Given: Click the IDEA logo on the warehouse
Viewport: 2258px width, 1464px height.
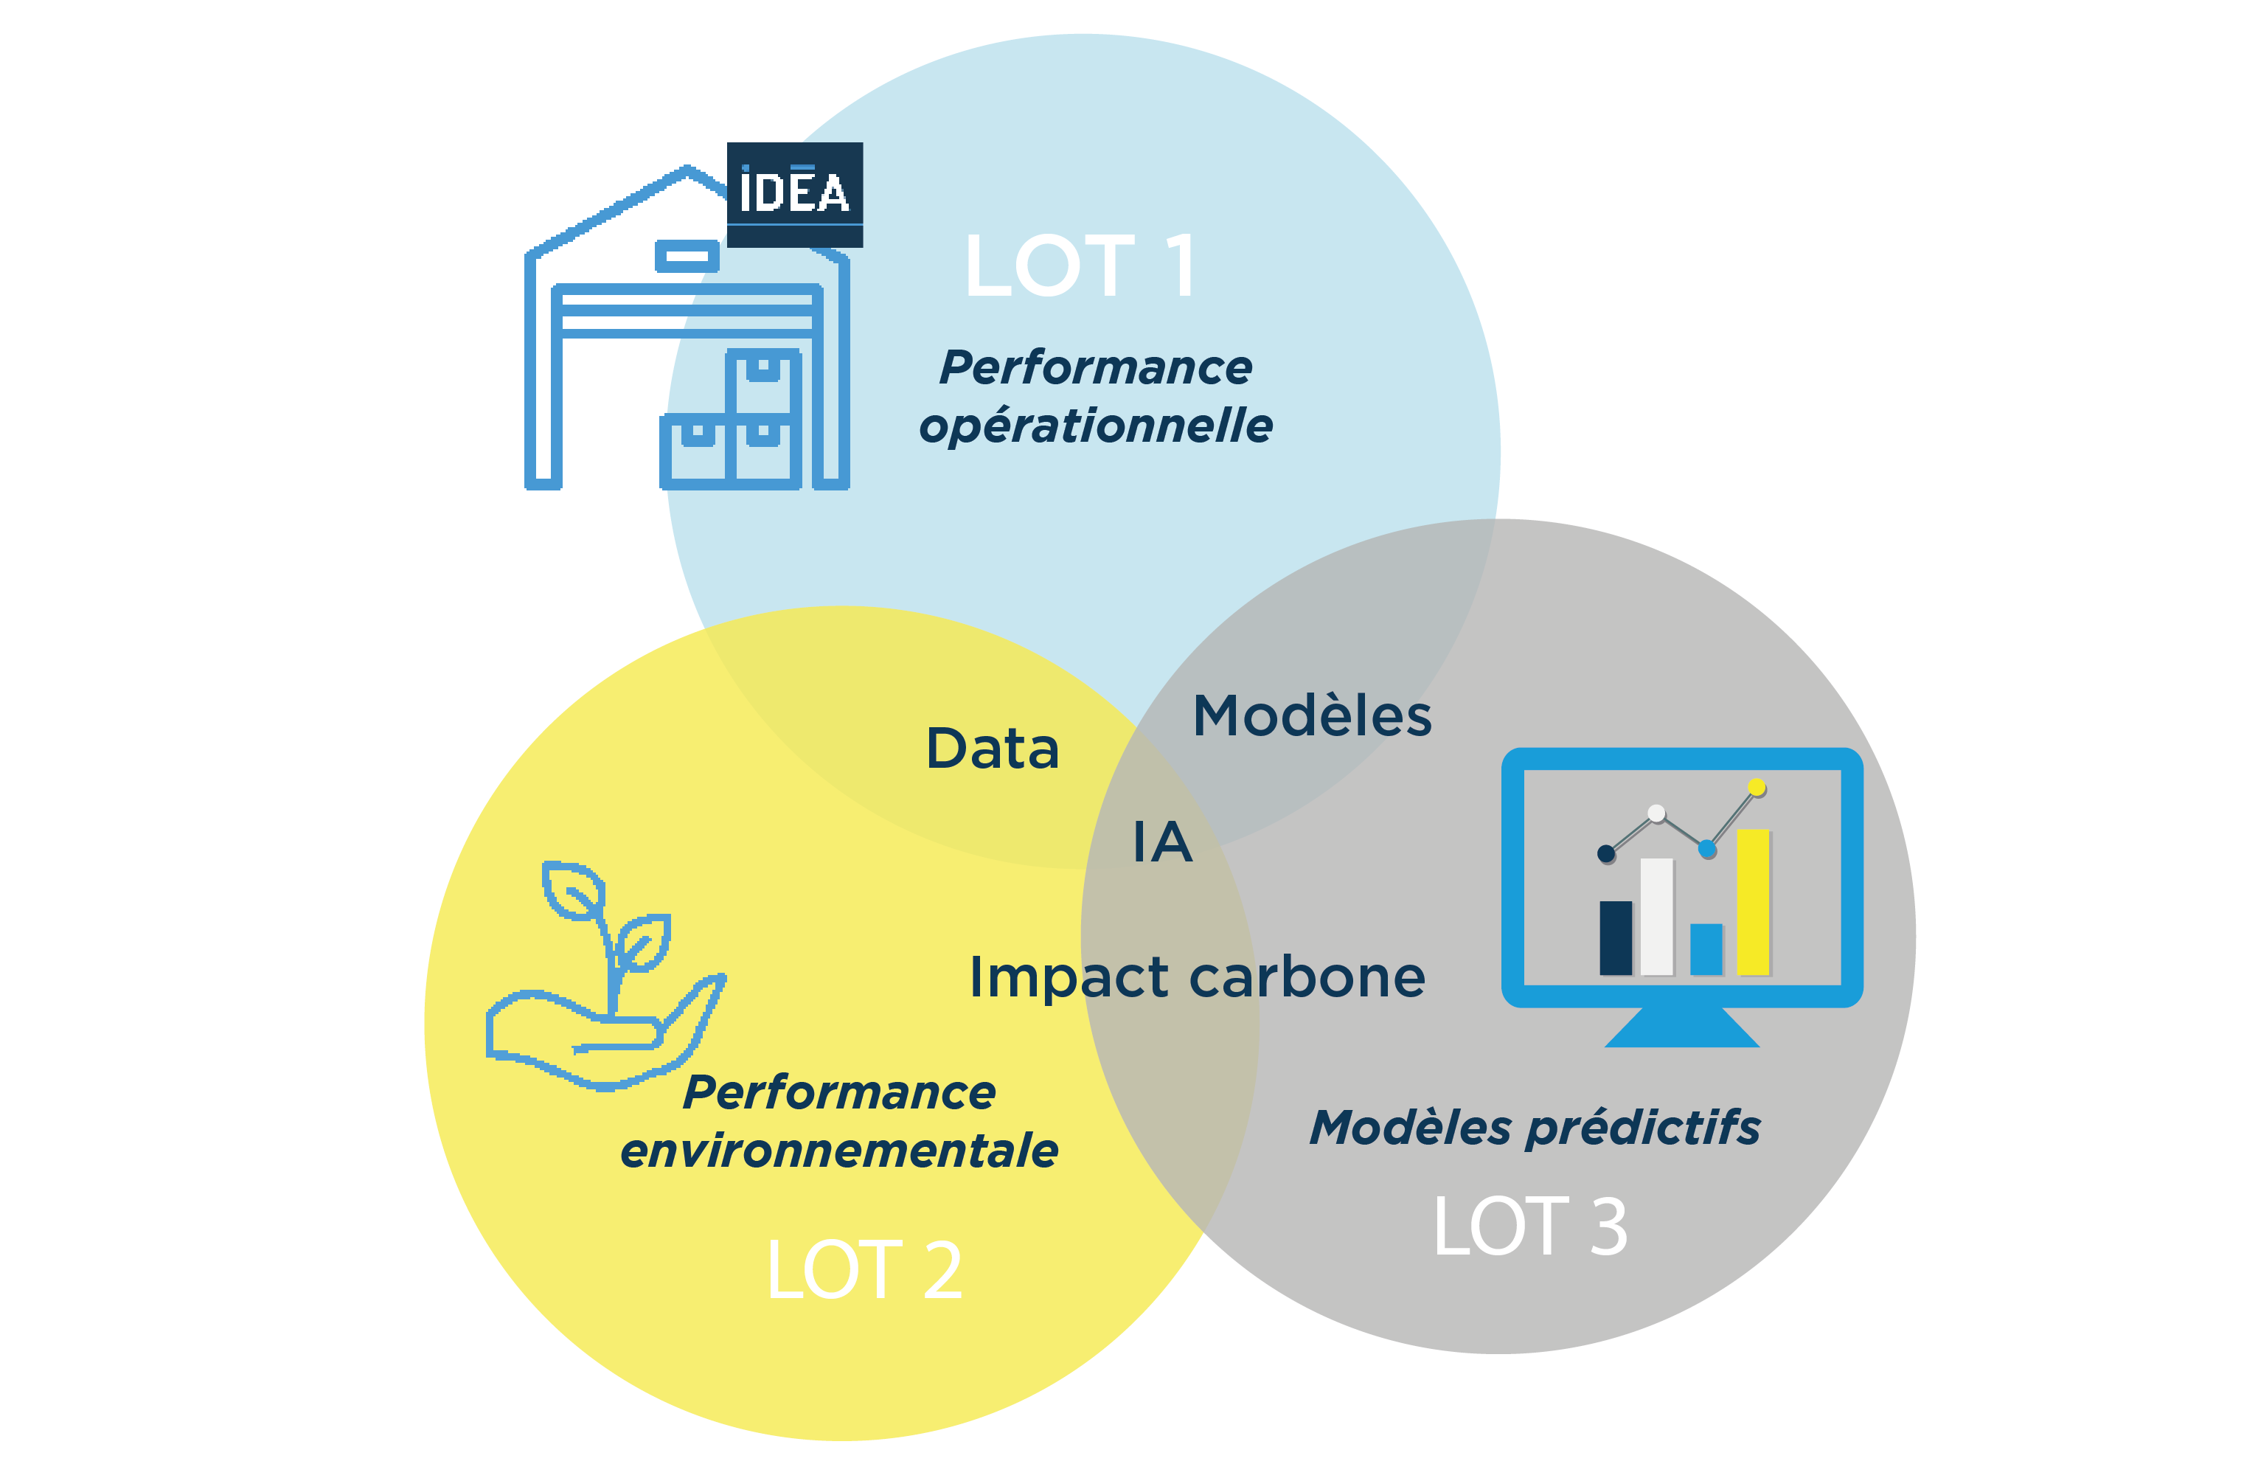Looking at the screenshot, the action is click(794, 195).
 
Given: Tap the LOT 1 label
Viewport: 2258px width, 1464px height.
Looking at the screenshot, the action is click(1082, 266).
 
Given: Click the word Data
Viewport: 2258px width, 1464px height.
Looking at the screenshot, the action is click(993, 748).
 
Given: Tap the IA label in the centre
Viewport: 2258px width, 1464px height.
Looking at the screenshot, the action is click(1162, 841).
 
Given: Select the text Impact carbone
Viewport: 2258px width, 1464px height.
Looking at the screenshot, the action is click(1198, 977).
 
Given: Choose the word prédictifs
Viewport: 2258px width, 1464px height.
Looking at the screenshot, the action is click(1642, 1129).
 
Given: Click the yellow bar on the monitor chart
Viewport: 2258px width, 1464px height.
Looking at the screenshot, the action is click(1754, 902).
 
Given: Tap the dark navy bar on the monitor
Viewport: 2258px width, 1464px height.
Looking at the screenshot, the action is click(1616, 937).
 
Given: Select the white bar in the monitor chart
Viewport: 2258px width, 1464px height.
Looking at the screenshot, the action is click(1656, 917).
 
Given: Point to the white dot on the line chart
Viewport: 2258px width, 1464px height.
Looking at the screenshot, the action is click(1656, 813).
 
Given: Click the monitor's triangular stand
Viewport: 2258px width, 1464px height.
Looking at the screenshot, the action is click(1682, 1027).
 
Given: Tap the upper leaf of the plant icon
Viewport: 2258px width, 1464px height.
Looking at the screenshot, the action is click(573, 890).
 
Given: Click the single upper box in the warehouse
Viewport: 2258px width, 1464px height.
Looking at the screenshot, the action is click(762, 381).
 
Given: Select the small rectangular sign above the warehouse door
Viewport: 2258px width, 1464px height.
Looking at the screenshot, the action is click(687, 256).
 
